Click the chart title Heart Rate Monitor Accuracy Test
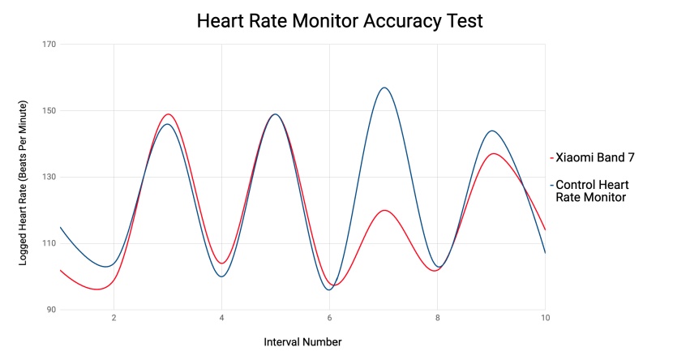click(340, 21)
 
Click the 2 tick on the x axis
click(114, 318)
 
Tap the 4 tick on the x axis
click(221, 318)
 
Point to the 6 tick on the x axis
click(329, 318)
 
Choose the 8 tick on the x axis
click(437, 318)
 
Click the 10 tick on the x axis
click(545, 318)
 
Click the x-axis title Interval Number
click(302, 342)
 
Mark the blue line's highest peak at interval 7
click(384, 88)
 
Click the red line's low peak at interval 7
click(384, 210)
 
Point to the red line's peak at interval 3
click(168, 114)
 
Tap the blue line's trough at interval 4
click(221, 276)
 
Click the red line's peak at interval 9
click(492, 153)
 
